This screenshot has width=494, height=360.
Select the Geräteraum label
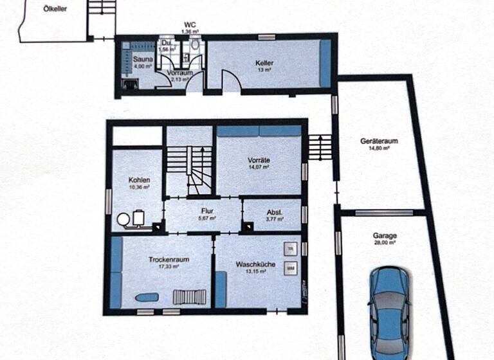[376, 140]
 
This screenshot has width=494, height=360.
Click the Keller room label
[264, 64]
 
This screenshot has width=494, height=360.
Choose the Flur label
[207, 211]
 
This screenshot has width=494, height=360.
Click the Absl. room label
[274, 212]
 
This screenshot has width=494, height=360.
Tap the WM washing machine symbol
[291, 267]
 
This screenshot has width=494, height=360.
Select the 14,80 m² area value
[376, 147]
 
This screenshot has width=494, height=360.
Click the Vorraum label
[179, 73]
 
